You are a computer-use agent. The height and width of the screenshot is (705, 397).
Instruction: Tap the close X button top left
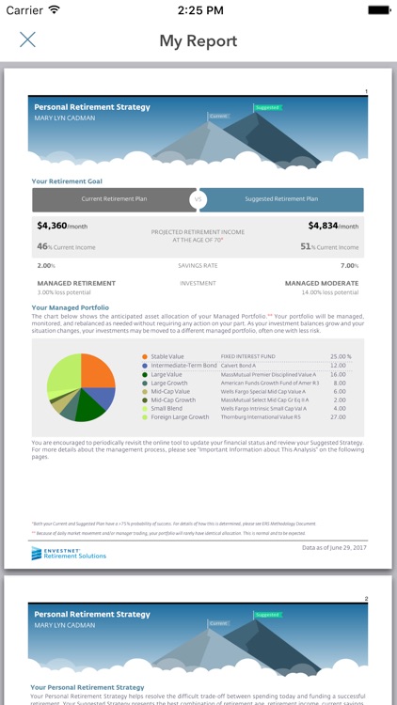coord(27,39)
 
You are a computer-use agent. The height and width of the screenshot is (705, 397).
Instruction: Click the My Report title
coord(198,40)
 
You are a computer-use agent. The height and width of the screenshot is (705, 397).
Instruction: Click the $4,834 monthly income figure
coord(333,226)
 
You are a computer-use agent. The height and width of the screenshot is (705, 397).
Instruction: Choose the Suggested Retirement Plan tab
coord(281,199)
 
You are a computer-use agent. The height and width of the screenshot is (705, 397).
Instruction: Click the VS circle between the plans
coord(198,199)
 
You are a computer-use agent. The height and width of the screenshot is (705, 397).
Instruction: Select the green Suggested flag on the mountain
coord(267,108)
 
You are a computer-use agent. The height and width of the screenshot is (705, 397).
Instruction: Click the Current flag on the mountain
coord(218,116)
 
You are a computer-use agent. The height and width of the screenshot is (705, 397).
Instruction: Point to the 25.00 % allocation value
coord(340,357)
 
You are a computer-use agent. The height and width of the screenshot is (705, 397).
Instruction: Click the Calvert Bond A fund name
coord(240,366)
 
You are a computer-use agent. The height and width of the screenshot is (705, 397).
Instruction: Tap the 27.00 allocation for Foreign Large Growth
coord(340,417)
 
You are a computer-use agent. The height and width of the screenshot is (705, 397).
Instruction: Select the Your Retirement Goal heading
coord(67,181)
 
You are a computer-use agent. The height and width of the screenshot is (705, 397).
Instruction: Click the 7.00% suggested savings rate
coord(349,266)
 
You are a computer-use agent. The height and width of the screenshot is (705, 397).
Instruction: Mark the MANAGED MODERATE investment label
coord(322,283)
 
